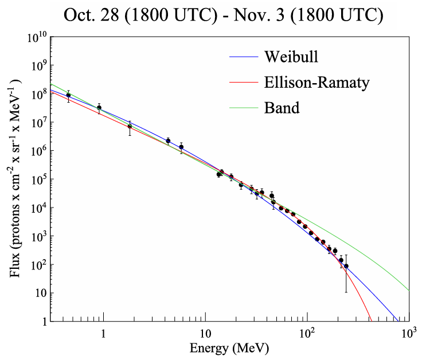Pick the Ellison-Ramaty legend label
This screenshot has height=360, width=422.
316,82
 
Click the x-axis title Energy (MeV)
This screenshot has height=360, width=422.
229,347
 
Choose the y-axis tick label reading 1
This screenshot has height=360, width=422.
43,322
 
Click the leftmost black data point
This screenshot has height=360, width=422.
69,96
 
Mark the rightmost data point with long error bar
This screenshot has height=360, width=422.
346,266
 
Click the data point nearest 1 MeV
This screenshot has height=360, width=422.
99,107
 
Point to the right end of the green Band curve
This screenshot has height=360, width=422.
408,290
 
